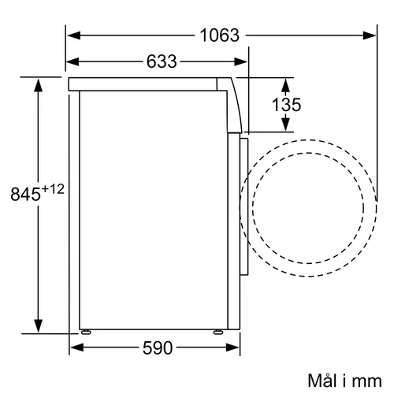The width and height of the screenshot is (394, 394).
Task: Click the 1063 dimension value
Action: pos(220,35)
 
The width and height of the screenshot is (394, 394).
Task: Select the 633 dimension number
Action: pos(162,61)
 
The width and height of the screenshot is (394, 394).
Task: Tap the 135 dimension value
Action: pos(286,105)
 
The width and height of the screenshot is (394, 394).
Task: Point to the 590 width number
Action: pos(158,348)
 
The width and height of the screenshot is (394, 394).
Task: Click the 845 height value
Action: pos(25,194)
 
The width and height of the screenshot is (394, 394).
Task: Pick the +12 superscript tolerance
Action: pos(53,189)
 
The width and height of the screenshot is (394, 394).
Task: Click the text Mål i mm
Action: pos(344,381)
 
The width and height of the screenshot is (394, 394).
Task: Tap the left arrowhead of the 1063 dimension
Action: pos(74,35)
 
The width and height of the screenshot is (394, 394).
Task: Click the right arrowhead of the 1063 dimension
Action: pos(370,35)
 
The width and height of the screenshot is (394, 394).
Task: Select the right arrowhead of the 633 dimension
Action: pos(240,61)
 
